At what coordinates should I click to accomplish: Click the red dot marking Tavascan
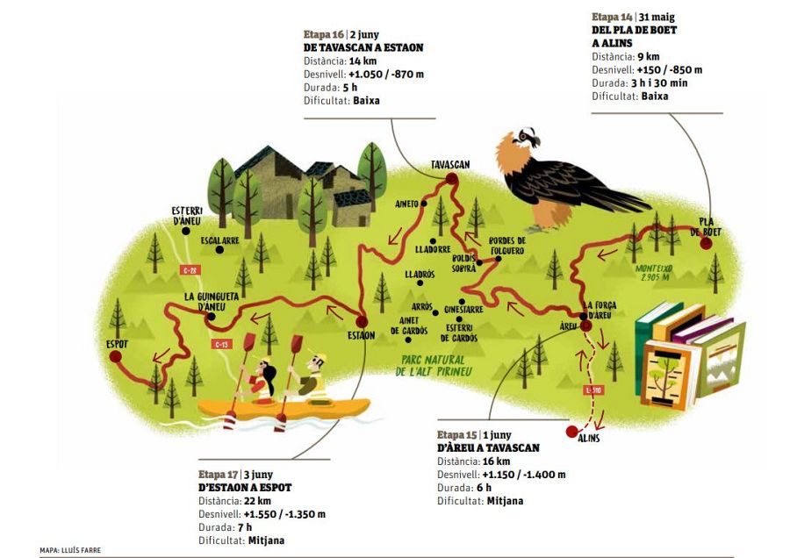(x=451, y=179)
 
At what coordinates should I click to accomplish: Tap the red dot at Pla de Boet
(x=706, y=244)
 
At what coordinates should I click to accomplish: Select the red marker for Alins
(x=571, y=431)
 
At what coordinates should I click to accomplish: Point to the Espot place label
(x=118, y=344)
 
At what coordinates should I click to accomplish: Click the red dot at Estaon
(x=360, y=320)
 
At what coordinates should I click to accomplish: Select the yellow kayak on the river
(x=284, y=406)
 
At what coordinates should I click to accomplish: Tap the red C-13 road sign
(x=221, y=345)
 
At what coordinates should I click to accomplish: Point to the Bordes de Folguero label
(x=506, y=245)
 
